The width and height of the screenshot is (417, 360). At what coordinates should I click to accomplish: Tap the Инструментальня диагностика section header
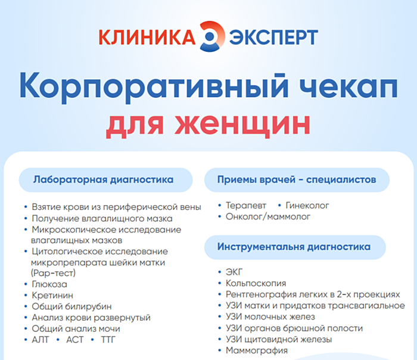point(294,247)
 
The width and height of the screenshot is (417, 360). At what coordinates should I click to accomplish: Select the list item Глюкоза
point(49,284)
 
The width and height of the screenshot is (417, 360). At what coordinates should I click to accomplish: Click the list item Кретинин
point(52,296)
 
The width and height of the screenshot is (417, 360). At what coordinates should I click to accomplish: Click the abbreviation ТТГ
point(110,339)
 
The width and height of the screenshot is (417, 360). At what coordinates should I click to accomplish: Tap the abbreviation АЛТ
point(41,339)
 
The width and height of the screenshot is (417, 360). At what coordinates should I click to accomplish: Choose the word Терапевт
point(246,206)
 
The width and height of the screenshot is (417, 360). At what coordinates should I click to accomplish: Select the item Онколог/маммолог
point(268,217)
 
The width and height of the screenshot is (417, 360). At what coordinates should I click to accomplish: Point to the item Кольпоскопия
point(256,284)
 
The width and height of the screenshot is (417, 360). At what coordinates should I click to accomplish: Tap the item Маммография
point(256,350)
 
